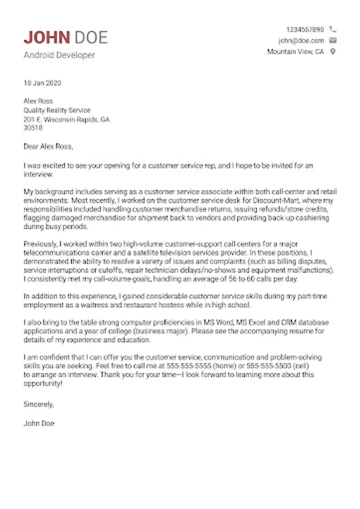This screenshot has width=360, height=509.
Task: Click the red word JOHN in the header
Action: tap(47, 38)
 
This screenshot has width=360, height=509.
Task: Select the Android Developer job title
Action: tap(59, 55)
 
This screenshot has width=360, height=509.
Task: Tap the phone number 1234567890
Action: tap(305, 29)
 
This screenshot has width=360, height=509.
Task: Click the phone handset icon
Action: tap(333, 29)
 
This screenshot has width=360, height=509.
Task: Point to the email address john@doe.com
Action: tap(301, 41)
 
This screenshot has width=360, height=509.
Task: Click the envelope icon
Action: tap(333, 41)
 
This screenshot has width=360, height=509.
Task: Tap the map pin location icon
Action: tap(333, 51)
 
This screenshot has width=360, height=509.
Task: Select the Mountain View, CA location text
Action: tap(295, 51)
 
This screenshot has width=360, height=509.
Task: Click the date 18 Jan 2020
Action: tap(42, 83)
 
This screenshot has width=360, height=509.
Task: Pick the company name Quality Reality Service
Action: tap(57, 110)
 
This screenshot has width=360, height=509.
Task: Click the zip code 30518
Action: tap(33, 128)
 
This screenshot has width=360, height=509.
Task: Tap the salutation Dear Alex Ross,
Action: tap(49, 147)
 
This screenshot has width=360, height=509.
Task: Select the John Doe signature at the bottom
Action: tap(39, 422)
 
